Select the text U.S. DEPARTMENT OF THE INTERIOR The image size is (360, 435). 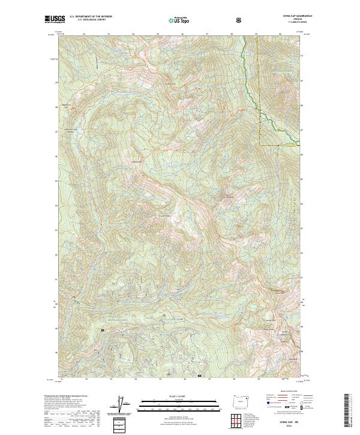pyautogui.click(x=91, y=17)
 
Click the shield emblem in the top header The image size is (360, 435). pyautogui.click(x=239, y=20)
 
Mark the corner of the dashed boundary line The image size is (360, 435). pyautogui.click(x=260, y=145)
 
